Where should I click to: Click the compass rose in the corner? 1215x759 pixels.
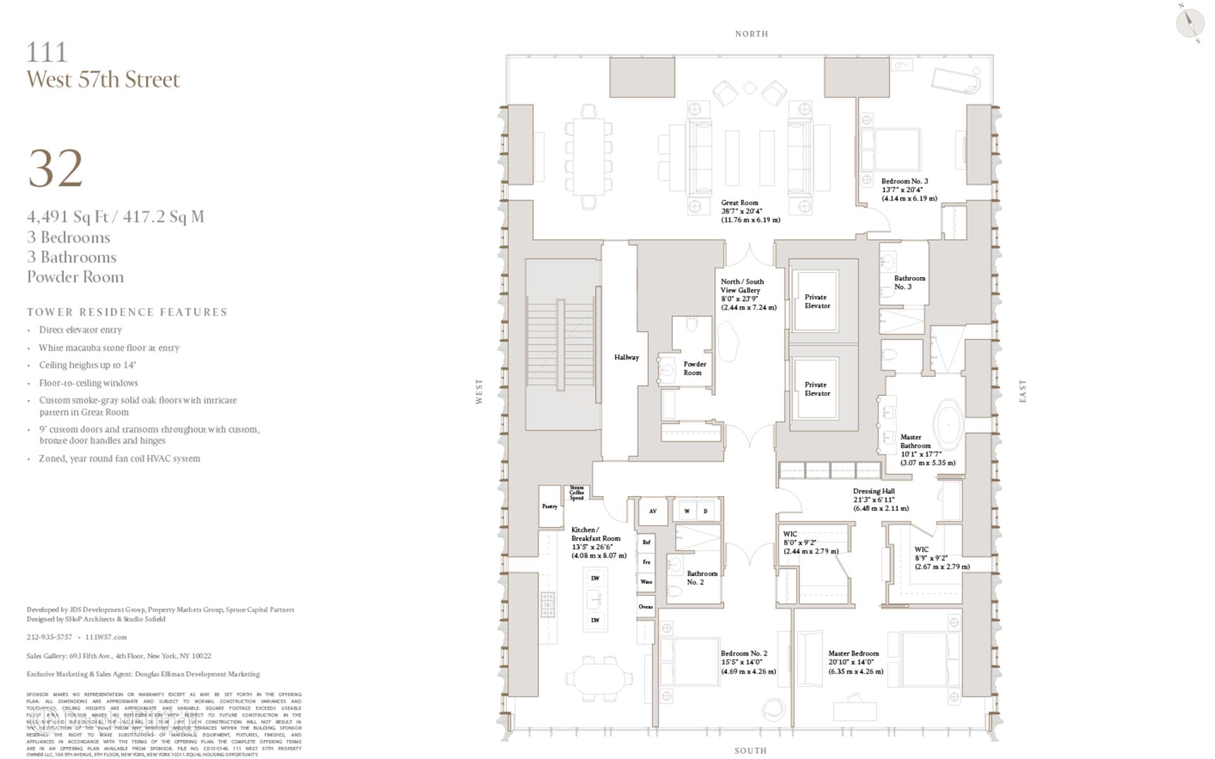[1190, 23]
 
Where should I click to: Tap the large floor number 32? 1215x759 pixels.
[56, 168]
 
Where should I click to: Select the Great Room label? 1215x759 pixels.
[739, 203]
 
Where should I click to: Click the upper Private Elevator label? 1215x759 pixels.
[816, 301]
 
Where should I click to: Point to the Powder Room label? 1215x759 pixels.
[694, 368]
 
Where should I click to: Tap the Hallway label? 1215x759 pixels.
[626, 357]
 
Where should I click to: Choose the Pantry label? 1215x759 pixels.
[549, 506]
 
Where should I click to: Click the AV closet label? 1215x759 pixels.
[652, 511]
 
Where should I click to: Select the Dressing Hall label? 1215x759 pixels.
[874, 491]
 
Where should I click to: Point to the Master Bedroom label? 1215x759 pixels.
[853, 653]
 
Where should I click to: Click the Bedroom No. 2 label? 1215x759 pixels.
[744, 653]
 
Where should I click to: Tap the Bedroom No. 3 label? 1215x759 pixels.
[904, 182]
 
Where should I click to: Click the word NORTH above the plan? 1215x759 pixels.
[751, 34]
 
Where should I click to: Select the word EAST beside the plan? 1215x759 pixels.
[1023, 391]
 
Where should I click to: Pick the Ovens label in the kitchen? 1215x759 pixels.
[645, 607]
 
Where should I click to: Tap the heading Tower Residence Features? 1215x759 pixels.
[127, 312]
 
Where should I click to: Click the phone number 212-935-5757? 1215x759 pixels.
[49, 637]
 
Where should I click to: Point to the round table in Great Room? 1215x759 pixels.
[749, 89]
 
